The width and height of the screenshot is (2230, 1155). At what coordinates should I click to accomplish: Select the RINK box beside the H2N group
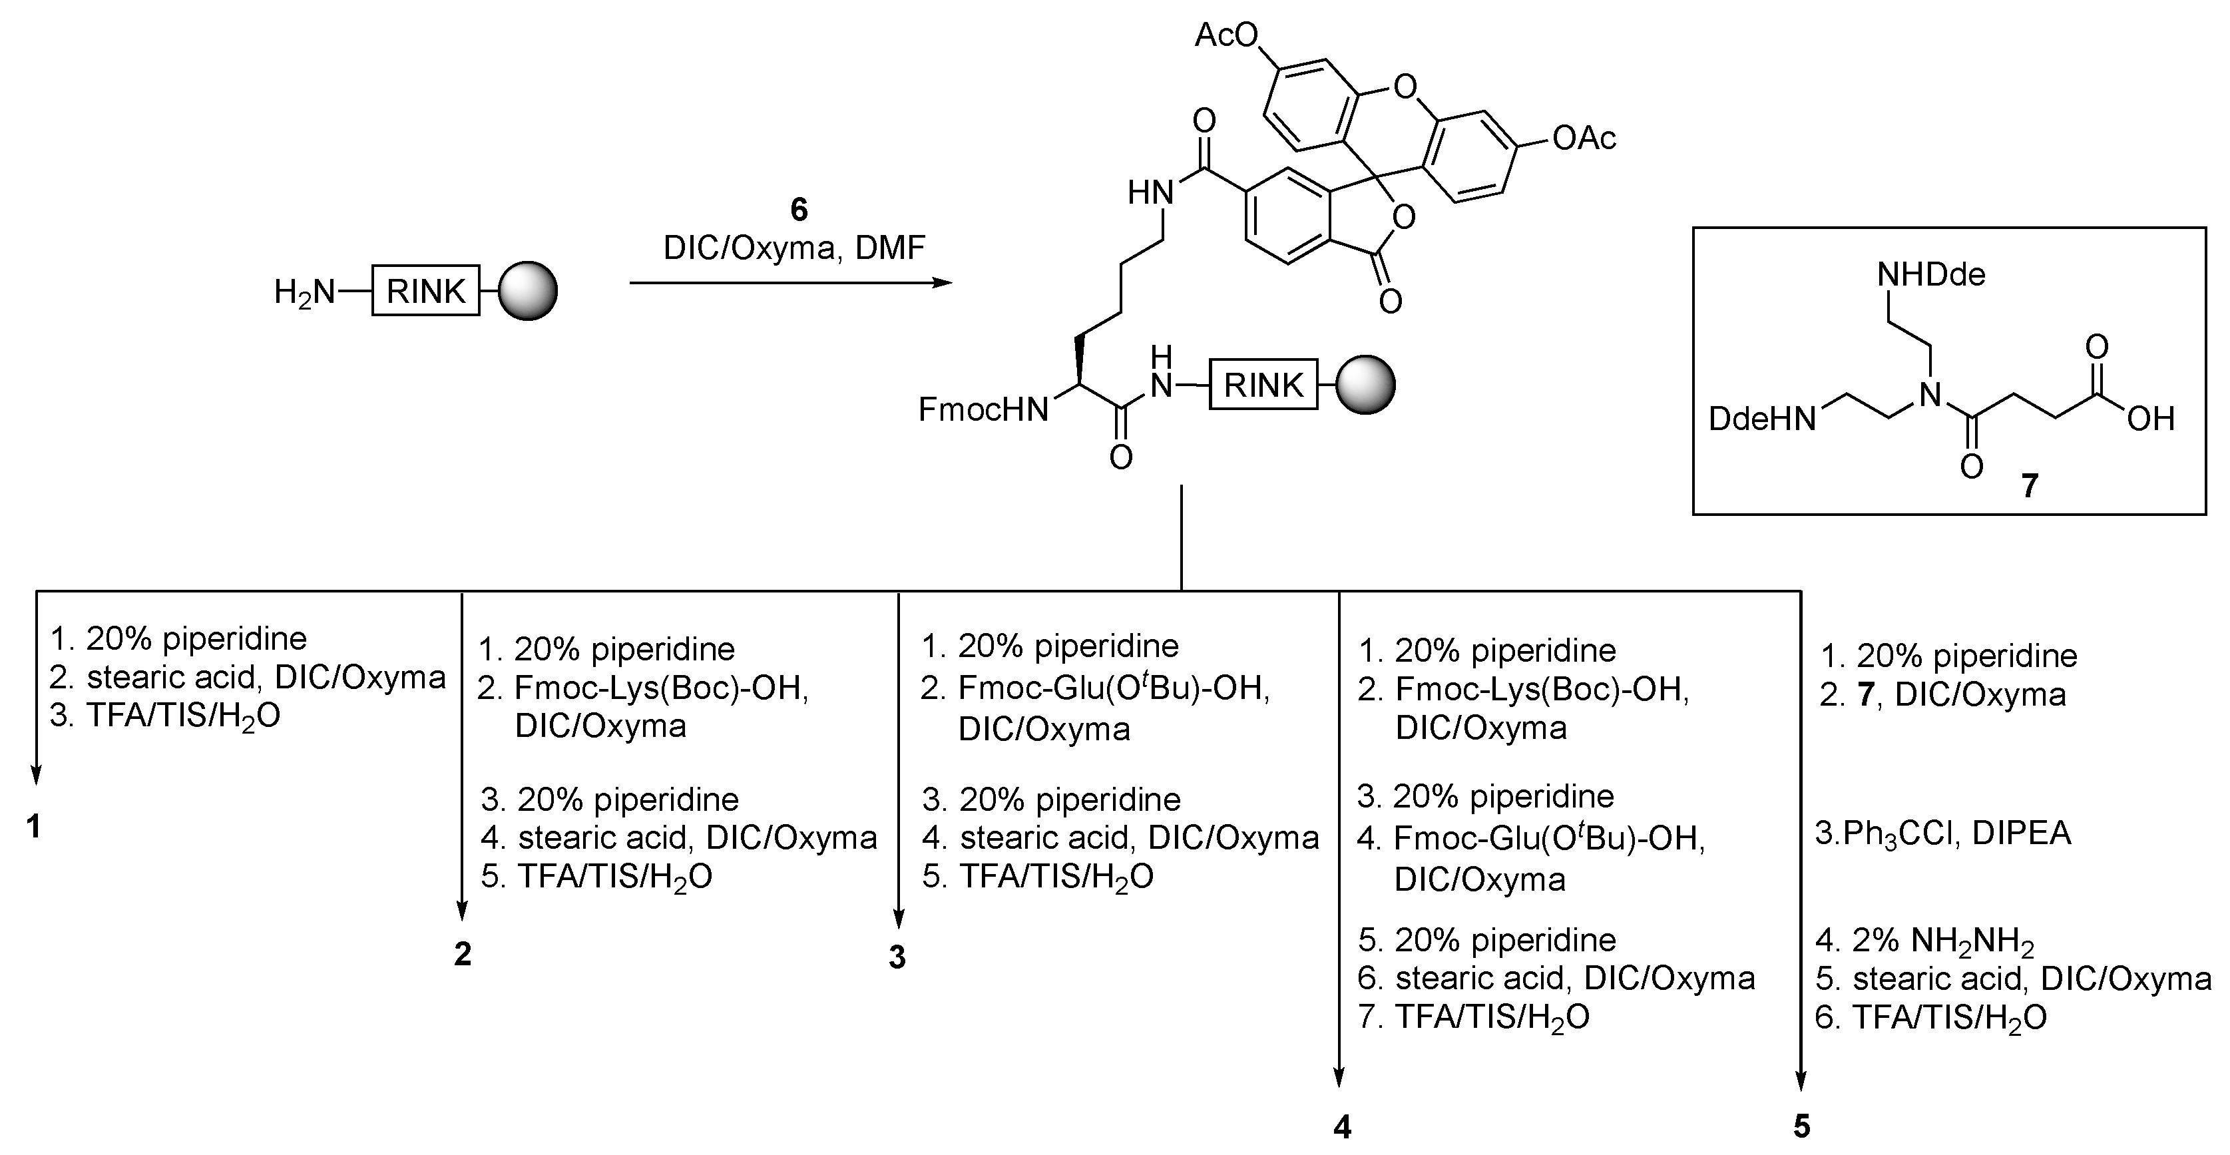coord(425,291)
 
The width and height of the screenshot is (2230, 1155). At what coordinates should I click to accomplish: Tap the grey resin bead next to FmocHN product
coord(1365,384)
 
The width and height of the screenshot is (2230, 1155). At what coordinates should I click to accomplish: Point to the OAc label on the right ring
coord(1584,138)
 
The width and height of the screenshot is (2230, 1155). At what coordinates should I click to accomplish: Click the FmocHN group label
coord(983,409)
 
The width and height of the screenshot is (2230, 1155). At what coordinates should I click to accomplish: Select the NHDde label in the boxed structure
coord(1930,276)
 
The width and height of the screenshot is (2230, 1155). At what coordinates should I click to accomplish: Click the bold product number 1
coord(34,827)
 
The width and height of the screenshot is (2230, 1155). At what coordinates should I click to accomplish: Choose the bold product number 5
coord(1801,1127)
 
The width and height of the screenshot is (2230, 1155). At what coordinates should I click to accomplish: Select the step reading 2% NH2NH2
coord(1924,940)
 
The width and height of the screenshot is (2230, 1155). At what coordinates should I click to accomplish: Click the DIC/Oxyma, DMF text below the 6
coord(794,248)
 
